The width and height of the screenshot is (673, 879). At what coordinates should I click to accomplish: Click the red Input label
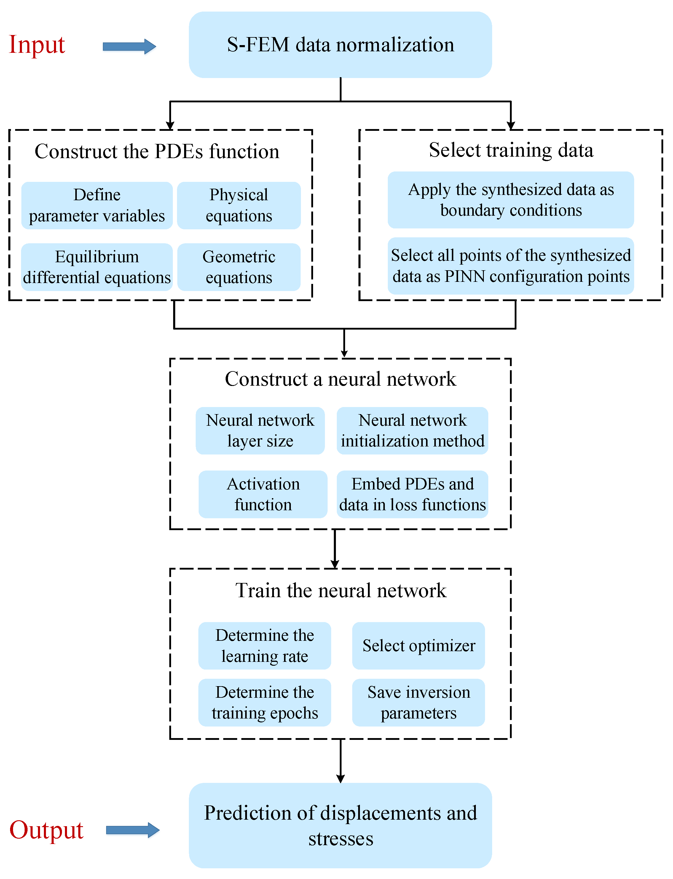click(x=37, y=44)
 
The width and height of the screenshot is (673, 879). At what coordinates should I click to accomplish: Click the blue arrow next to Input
click(x=129, y=47)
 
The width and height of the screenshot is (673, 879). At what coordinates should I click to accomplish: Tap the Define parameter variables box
click(x=97, y=205)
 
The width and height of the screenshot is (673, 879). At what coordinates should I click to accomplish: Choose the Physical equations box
click(x=239, y=205)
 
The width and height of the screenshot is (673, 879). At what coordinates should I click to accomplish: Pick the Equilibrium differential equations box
click(x=97, y=267)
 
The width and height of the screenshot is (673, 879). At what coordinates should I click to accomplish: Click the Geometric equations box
click(x=239, y=267)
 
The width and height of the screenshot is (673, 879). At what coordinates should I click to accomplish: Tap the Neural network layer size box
click(x=260, y=430)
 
